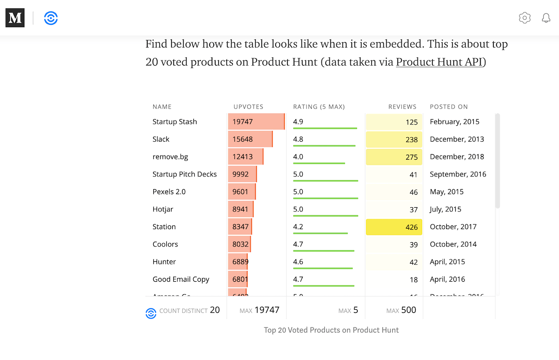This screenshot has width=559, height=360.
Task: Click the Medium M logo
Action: (15, 18)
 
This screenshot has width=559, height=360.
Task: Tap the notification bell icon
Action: (546, 18)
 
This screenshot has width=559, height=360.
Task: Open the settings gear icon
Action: (525, 18)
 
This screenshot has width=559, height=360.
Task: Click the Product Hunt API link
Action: (439, 62)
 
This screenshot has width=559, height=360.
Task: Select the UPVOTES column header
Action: (248, 107)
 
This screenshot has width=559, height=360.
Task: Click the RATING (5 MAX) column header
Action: (319, 107)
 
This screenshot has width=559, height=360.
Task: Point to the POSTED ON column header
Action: (449, 107)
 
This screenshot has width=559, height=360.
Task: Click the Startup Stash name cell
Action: (175, 122)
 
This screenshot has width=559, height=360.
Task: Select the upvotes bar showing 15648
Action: (250, 139)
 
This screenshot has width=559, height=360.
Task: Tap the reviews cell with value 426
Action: (394, 227)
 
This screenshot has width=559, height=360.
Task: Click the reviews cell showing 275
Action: (394, 157)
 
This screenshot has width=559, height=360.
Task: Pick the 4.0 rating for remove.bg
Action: (298, 156)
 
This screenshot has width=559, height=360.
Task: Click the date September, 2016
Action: (458, 174)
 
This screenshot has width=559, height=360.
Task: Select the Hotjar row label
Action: (163, 209)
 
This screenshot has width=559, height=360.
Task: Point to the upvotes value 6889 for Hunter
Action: (240, 262)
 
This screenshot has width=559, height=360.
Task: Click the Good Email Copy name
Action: (181, 279)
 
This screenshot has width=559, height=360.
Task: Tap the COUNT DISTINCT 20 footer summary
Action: (189, 310)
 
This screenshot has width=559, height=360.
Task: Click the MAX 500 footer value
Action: (401, 310)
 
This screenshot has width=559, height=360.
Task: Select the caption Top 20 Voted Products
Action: (331, 330)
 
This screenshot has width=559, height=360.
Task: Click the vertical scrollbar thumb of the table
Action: (497, 161)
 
